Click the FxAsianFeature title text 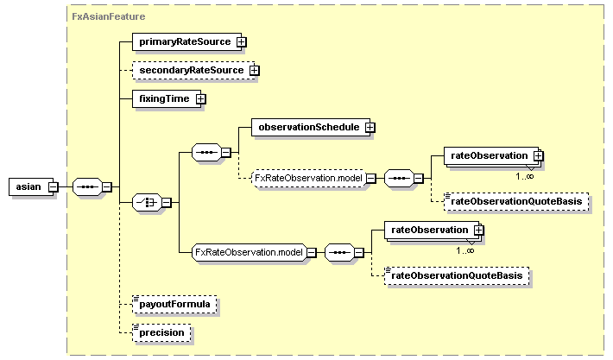[x=108, y=16]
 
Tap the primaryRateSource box [x=184, y=41]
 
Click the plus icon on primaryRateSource [x=243, y=41]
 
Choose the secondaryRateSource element [x=191, y=70]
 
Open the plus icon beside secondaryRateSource [x=255, y=70]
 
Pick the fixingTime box [x=164, y=98]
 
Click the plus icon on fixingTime [x=201, y=98]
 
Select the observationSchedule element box [x=308, y=127]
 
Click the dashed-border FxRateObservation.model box [x=306, y=179]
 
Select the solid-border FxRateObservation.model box [x=248, y=252]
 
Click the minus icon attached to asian [x=54, y=186]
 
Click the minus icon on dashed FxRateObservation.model [x=370, y=179]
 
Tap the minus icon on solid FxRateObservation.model [x=311, y=252]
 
